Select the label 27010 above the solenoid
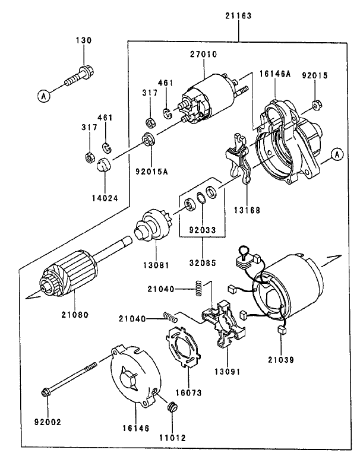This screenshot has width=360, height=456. [x=203, y=54]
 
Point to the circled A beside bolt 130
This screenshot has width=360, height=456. [x=43, y=95]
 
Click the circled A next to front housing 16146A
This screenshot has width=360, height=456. [x=336, y=154]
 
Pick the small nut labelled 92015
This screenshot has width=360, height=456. [x=317, y=105]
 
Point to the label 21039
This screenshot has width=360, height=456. [x=280, y=360]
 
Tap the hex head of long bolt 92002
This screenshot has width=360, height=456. [x=47, y=392]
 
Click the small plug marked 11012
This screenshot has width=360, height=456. [x=173, y=408]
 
